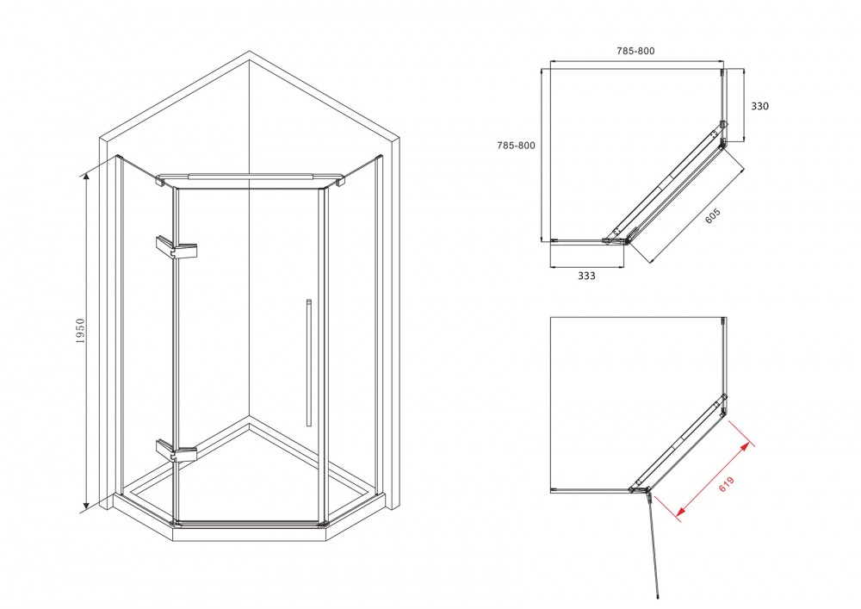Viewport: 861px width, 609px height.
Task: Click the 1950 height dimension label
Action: coord(81,331)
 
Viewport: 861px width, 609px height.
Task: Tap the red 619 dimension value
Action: coord(726,484)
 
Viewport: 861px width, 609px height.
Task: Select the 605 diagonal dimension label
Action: coord(712,216)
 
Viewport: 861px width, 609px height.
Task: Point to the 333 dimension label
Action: coord(586,276)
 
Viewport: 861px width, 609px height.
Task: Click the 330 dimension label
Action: coord(759,106)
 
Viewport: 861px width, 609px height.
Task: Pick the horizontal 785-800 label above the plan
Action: coord(636,51)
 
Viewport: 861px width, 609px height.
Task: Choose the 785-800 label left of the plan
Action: coord(516,146)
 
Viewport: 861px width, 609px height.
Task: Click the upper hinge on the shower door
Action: coord(177,247)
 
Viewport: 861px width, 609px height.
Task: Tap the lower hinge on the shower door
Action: coord(177,451)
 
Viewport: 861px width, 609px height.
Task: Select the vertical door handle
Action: coord(308,363)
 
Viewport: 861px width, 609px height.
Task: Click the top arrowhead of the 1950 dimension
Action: coord(85,177)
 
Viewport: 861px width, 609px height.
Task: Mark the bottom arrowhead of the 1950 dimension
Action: coord(85,506)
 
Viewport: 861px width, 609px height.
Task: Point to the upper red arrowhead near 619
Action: coord(745,446)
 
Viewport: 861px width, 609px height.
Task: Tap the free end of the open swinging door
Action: coord(658,595)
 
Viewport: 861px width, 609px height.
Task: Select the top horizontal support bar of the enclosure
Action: coord(250,178)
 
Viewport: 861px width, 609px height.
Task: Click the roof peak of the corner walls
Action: coord(250,53)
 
